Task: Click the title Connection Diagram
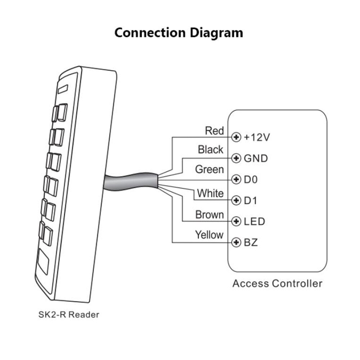tap(179, 33)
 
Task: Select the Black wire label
tap(211, 149)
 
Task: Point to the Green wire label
tap(209, 169)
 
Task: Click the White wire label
tap(210, 193)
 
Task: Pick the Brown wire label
tap(210, 215)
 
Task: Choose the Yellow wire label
tap(209, 235)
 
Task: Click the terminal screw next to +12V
tap(236, 137)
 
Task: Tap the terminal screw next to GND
tap(236, 158)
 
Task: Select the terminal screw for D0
tap(236, 179)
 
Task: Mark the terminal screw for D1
tap(236, 200)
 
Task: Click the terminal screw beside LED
tap(236, 221)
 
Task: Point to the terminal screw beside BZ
tap(236, 242)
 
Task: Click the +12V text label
tap(257, 137)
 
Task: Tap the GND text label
tap(256, 158)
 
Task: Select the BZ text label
tap(251, 242)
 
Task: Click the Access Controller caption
tap(277, 283)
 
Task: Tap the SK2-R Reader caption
tap(68, 315)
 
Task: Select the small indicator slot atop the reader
tap(64, 87)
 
